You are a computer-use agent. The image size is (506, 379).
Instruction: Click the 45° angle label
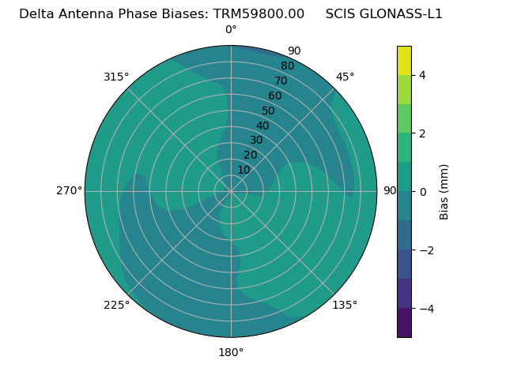point(345,77)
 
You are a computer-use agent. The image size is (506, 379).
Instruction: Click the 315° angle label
point(116,77)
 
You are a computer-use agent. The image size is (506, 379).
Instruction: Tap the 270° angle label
point(69,191)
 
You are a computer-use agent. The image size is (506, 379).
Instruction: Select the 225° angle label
point(116,305)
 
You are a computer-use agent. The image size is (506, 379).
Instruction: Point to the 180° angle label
point(231,352)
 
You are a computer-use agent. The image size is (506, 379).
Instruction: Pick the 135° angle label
point(345,305)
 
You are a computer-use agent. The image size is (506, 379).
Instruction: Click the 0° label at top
point(231,30)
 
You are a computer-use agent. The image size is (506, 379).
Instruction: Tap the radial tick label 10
point(244,170)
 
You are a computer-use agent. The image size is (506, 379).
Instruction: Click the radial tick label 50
point(269,111)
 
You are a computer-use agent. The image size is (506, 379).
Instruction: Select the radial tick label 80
point(287,66)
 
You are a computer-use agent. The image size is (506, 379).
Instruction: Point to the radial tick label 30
point(256,141)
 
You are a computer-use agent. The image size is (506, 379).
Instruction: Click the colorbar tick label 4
point(423,75)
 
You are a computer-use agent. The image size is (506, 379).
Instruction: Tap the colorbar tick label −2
point(425,250)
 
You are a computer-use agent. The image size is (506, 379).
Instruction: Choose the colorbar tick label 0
point(423,192)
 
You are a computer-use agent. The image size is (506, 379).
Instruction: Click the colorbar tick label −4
point(425,309)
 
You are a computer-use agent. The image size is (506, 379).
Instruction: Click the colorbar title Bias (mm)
point(444,191)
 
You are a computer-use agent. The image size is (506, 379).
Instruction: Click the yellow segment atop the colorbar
point(404,60)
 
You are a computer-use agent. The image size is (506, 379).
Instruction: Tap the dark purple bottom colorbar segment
point(404,323)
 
